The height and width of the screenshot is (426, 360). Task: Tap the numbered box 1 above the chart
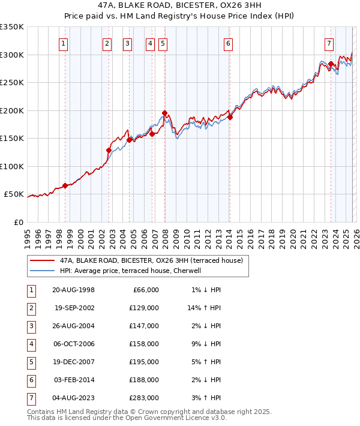[x=64, y=43]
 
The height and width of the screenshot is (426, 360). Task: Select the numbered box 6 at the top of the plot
[x=229, y=43]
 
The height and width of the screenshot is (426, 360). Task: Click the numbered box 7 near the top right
[x=329, y=43]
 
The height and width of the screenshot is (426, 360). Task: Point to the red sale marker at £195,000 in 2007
[x=164, y=113]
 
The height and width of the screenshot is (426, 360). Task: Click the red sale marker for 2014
[x=230, y=117]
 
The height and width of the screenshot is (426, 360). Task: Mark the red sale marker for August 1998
[x=65, y=185]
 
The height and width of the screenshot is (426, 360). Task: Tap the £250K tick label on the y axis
[x=12, y=83]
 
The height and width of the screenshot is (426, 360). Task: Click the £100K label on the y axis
[x=12, y=166]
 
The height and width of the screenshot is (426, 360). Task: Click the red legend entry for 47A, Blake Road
[x=151, y=261]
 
